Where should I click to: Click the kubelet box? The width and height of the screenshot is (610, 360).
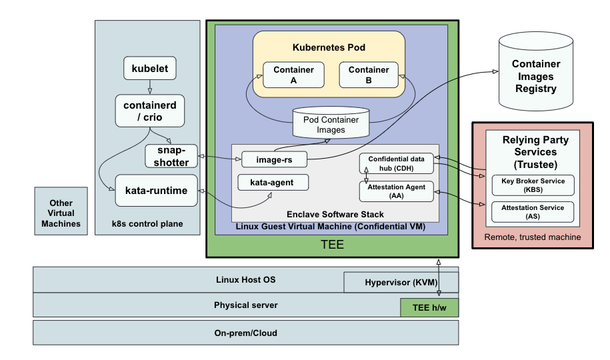coord(149,68)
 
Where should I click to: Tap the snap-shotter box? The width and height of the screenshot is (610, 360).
coord(171,156)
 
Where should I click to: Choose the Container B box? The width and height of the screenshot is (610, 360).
coord(369,75)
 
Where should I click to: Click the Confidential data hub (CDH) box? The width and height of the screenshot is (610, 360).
coord(397,163)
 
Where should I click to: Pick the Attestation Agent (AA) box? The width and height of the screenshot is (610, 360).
coord(397,191)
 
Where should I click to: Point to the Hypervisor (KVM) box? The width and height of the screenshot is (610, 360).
coord(401,282)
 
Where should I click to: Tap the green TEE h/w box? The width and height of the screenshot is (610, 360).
coord(429,307)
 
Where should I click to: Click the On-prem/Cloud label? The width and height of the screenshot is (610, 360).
coord(245,332)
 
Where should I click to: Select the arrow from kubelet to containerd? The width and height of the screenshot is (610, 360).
coord(149,86)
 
